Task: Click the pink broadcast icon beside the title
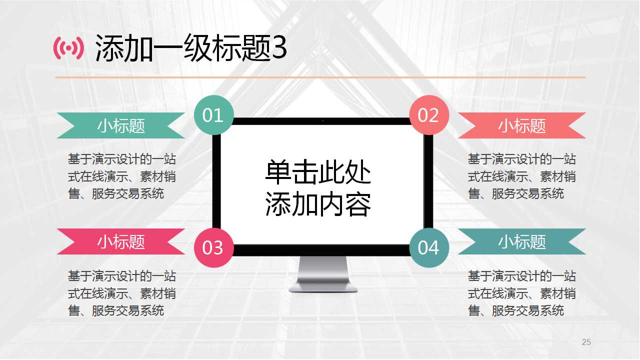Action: coord(68,48)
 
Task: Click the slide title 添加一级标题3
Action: coord(191,48)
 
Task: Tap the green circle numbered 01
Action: coord(213,115)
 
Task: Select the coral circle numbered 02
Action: coord(428,115)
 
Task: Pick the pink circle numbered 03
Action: coord(213,247)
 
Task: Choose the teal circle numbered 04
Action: coord(428,247)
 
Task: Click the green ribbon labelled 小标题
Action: coord(121,125)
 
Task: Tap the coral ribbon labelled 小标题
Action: coord(521,125)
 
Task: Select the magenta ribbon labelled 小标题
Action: coord(121,241)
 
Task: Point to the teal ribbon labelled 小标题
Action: coord(521,241)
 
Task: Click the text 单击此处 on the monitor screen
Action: coord(318,173)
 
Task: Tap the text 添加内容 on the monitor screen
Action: coord(318,204)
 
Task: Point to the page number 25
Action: coord(586,342)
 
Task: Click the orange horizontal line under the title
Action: coord(320,77)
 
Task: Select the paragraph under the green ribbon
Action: coord(122,176)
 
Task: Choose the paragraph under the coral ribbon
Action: coord(522,176)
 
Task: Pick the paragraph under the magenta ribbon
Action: coord(122,293)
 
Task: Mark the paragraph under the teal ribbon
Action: coord(522,293)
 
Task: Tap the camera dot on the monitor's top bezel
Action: coord(322,120)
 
